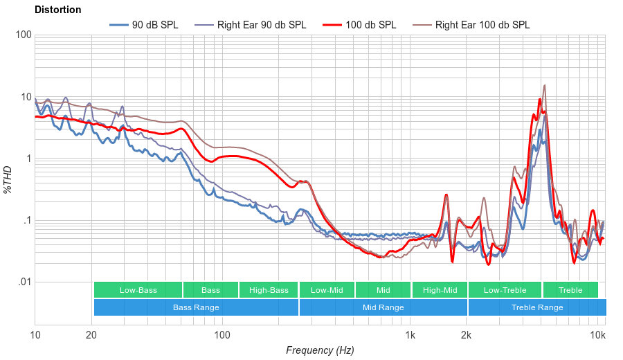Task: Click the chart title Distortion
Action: (x=57, y=10)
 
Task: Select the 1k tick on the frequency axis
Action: (x=410, y=336)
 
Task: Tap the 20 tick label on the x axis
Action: (x=91, y=336)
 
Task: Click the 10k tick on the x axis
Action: (x=598, y=336)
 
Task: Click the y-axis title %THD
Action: (x=8, y=179)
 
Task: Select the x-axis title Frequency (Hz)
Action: (x=320, y=350)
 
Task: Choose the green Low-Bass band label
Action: (x=138, y=290)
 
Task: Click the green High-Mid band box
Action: (x=440, y=290)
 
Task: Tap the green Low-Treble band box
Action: (x=505, y=290)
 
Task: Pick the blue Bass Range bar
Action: (x=196, y=307)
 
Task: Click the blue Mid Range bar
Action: (x=383, y=307)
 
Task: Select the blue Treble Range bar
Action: (x=536, y=307)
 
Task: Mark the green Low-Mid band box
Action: (x=327, y=290)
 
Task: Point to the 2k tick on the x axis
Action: (x=467, y=336)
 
